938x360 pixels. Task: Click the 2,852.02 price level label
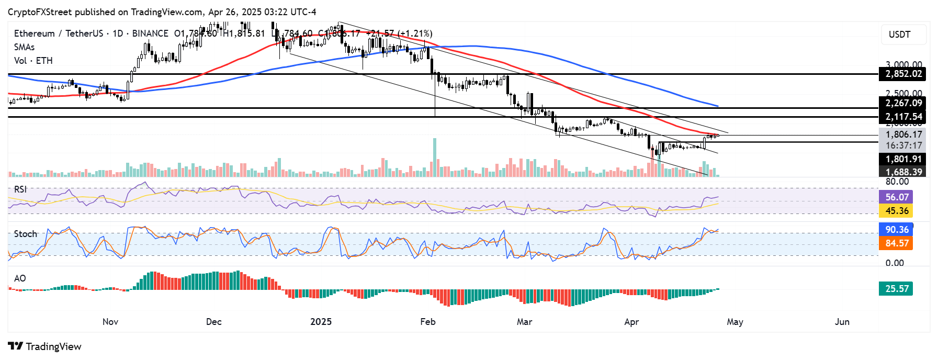point(903,74)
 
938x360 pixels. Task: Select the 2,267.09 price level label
point(903,103)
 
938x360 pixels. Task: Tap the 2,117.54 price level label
point(903,117)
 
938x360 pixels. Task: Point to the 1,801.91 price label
point(903,159)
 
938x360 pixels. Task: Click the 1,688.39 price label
point(903,172)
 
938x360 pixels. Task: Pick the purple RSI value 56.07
point(897,197)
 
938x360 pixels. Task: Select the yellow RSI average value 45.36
point(897,211)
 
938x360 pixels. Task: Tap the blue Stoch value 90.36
point(897,230)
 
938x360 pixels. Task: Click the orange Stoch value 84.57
point(897,243)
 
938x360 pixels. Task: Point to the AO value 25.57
point(897,289)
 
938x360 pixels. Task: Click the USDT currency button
point(899,35)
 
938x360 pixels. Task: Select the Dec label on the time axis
point(213,322)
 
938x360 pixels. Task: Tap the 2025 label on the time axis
point(321,322)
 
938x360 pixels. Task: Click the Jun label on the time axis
point(842,322)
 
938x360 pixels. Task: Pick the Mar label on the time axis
point(524,322)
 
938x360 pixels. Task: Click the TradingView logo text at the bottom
point(46,346)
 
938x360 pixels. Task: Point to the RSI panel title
point(20,189)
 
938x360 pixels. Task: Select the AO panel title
point(20,278)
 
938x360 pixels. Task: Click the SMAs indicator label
point(24,47)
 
